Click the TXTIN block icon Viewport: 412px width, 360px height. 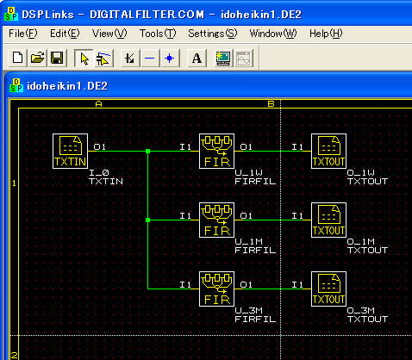coord(71,151)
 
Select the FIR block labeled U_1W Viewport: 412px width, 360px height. coord(217,151)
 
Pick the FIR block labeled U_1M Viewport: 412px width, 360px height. coord(217,220)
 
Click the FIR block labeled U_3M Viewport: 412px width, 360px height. coord(217,289)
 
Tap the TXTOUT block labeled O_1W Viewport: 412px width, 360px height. coord(329,151)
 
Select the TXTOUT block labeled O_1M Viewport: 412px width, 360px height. coord(329,220)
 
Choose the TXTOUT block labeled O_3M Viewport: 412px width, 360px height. coord(329,289)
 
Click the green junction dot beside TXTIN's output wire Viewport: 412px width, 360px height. coord(147,151)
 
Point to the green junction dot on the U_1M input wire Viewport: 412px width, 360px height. coord(147,220)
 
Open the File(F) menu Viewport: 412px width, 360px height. coord(23,34)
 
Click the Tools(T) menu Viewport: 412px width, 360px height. coord(158,34)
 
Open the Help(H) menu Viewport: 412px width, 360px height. coord(326,34)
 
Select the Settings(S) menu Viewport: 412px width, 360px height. coord(213,34)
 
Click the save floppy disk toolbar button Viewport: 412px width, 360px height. coord(57,59)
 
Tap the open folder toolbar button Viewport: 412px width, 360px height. coord(37,59)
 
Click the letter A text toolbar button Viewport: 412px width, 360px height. coord(197,59)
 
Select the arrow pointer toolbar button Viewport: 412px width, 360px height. coord(84,59)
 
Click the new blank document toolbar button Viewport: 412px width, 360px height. coord(18,59)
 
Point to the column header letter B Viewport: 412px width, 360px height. coord(271,104)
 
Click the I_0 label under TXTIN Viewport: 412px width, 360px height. coord(99,172)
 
